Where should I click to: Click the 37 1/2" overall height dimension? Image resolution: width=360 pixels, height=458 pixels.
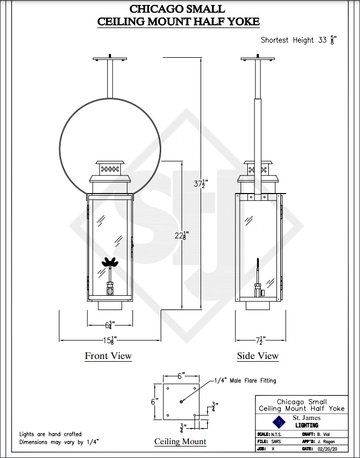[x=201, y=184]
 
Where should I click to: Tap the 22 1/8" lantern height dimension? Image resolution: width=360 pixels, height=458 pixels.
[x=182, y=235]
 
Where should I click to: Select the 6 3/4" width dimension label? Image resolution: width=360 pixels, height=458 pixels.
[x=110, y=325]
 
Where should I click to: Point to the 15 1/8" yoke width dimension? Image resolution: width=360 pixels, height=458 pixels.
[x=110, y=340]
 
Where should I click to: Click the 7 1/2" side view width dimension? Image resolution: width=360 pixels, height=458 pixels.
[x=261, y=340]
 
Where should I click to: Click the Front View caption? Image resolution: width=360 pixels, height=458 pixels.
[x=108, y=356]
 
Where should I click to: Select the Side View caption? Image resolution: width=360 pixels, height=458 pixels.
[x=258, y=356]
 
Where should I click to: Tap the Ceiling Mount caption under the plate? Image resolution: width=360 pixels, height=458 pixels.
[x=180, y=442]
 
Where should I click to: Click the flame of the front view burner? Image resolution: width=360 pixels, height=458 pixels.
[x=109, y=262]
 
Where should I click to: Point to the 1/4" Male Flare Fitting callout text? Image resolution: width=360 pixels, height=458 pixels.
[x=245, y=380]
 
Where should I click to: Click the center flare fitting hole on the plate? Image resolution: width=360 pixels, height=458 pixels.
[x=181, y=402]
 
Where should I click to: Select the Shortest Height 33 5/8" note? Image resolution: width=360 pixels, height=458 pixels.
[x=298, y=40]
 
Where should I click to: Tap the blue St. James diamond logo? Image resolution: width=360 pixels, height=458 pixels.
[x=278, y=422]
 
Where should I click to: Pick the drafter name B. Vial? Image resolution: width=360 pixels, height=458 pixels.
[x=324, y=434]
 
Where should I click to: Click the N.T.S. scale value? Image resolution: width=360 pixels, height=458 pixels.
[x=276, y=434]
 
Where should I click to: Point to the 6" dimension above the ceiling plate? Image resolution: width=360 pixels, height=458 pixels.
[x=181, y=376]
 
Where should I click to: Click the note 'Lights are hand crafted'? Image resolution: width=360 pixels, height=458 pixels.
[x=51, y=434]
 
